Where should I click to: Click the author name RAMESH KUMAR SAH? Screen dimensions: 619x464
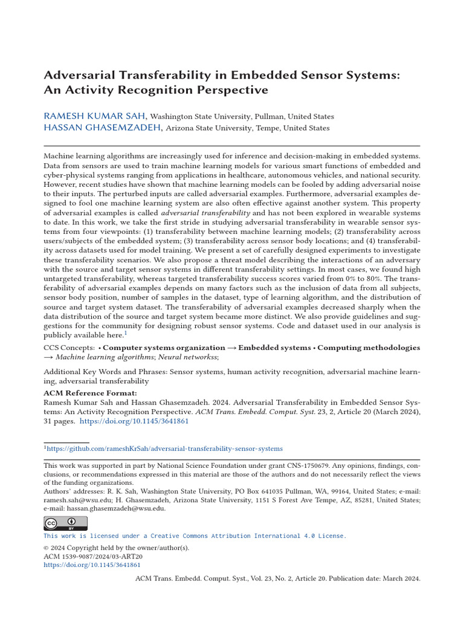(x=95, y=115)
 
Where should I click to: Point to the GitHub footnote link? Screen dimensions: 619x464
(x=165, y=449)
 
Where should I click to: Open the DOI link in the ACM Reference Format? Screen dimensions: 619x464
(x=134, y=421)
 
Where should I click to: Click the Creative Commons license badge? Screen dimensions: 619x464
(x=65, y=523)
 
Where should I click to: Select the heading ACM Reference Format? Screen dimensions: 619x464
(x=82, y=392)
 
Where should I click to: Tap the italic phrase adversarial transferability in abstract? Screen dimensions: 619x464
(x=205, y=213)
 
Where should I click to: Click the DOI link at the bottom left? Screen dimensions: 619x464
(x=92, y=565)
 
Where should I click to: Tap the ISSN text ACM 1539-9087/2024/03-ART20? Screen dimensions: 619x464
(x=93, y=556)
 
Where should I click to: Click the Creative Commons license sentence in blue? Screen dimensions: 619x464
(x=195, y=536)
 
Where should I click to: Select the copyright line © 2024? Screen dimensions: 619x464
(x=116, y=548)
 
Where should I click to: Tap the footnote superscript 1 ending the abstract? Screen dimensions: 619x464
(x=126, y=333)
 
